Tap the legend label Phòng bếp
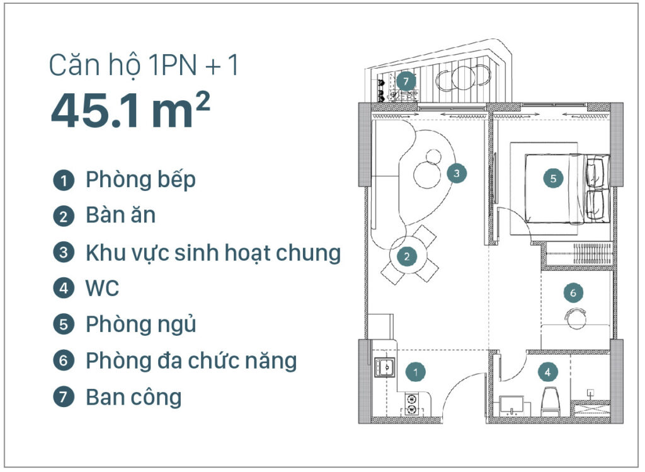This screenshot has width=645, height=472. click(140, 180)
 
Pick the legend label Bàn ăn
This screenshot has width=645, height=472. click(120, 216)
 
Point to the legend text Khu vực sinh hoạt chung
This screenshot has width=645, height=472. click(213, 253)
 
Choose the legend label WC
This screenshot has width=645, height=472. click(102, 289)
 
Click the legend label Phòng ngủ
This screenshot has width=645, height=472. click(140, 325)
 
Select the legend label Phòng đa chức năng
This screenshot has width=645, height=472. click(191, 361)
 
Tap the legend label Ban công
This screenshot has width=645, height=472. click(134, 398)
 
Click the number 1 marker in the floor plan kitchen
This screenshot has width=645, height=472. click(416, 372)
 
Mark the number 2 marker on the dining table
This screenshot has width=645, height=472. click(407, 256)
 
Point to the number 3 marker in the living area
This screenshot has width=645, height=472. click(457, 172)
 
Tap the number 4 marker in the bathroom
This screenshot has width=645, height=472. click(548, 372)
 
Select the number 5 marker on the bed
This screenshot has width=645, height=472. click(553, 178)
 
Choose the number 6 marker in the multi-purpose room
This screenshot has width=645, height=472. click(573, 292)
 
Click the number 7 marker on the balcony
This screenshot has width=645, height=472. click(406, 81)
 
